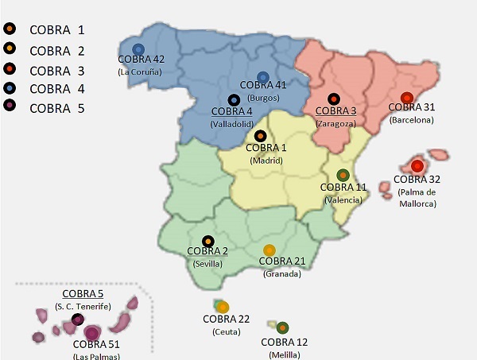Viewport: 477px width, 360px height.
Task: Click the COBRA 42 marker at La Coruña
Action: [x=138, y=49]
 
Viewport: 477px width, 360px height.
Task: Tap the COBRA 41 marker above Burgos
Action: [x=263, y=77]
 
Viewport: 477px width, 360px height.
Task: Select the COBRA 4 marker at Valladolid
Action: [x=234, y=100]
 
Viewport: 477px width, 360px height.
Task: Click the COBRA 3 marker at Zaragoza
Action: [x=334, y=99]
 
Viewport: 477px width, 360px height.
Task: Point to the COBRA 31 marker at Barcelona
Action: [x=405, y=98]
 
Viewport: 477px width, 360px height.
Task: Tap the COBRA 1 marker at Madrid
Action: [x=260, y=136]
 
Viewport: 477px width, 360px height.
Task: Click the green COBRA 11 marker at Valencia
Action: [x=343, y=175]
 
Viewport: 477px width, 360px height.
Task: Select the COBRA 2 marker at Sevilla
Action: [x=207, y=240]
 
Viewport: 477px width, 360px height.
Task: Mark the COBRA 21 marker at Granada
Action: [x=270, y=250]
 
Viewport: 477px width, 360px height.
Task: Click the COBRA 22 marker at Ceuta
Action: [x=223, y=307]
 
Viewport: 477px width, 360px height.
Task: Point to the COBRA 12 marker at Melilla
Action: [x=283, y=327]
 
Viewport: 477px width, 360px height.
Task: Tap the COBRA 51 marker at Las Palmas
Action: [x=92, y=332]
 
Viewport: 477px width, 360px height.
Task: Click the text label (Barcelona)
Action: [x=412, y=120]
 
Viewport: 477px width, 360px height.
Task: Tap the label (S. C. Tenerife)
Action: [x=83, y=306]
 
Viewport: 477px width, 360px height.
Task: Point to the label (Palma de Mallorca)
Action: [x=418, y=198]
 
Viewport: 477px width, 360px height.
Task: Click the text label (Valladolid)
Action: [x=232, y=124]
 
